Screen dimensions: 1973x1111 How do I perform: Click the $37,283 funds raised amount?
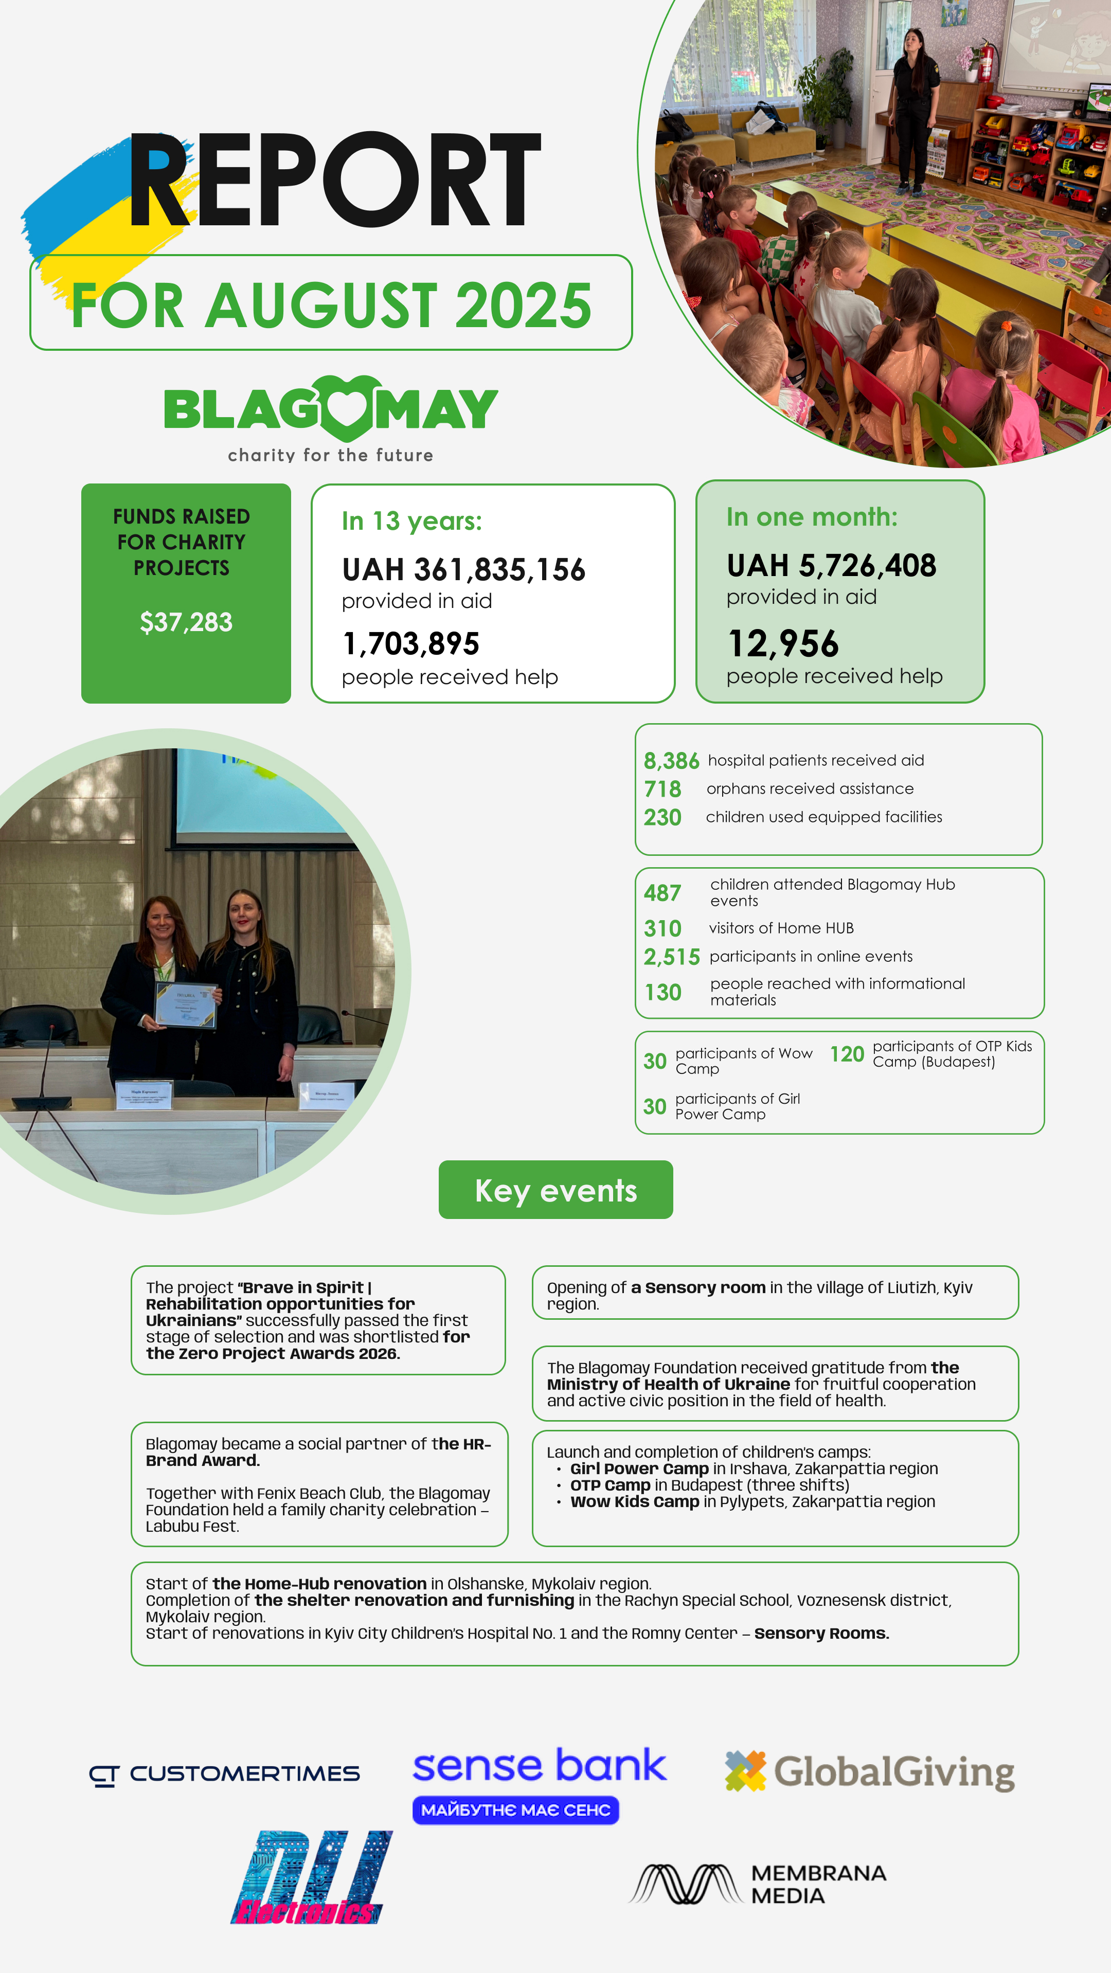click(186, 622)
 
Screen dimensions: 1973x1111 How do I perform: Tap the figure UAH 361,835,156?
click(463, 570)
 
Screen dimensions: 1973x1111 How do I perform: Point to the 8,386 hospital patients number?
click(671, 761)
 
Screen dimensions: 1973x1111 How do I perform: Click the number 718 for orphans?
click(662, 789)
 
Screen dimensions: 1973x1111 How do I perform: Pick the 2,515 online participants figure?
click(672, 957)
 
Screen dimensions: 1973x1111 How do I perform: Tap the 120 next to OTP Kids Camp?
click(847, 1055)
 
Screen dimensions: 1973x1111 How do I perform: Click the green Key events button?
click(556, 1190)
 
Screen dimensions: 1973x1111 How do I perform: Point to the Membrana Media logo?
click(757, 1884)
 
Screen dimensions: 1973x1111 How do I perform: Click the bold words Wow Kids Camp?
click(635, 1501)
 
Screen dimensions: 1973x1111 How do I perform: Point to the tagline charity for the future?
click(330, 455)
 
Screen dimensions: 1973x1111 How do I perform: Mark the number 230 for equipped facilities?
click(662, 817)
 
